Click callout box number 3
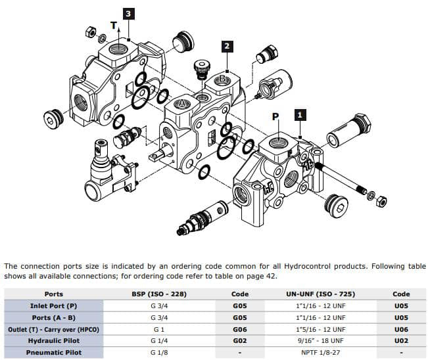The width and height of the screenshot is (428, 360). pyautogui.click(x=130, y=13)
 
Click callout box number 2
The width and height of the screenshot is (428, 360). pyautogui.click(x=227, y=45)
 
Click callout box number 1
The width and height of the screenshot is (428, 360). pyautogui.click(x=300, y=114)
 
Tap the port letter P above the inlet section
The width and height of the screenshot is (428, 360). pyautogui.click(x=276, y=116)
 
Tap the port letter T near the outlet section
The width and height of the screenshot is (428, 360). pyautogui.click(x=113, y=26)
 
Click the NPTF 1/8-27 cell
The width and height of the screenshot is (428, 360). pyautogui.click(x=321, y=353)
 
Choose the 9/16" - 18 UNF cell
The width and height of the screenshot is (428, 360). pyautogui.click(x=321, y=341)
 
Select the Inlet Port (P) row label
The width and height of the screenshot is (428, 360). pyautogui.click(x=53, y=305)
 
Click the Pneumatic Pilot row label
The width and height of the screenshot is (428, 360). pyautogui.click(x=53, y=353)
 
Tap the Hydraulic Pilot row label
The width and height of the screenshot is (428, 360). pyautogui.click(x=53, y=341)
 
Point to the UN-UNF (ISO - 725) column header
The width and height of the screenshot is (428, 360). pyautogui.click(x=321, y=294)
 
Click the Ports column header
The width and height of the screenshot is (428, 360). pyautogui.click(x=53, y=294)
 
